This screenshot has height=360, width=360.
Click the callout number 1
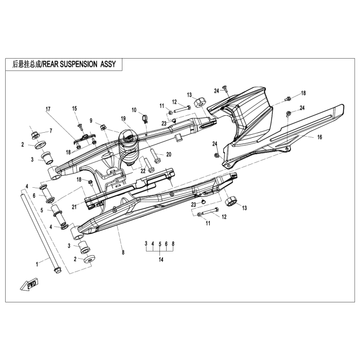click(x=37, y=264)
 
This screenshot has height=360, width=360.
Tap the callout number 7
click(x=50, y=131)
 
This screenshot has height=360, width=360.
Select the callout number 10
click(x=134, y=110)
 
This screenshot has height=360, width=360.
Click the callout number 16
click(x=319, y=138)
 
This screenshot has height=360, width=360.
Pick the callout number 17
click(x=48, y=109)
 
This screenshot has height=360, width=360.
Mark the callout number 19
click(x=123, y=118)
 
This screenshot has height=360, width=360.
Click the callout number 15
click(x=74, y=109)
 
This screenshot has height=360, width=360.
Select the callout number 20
click(x=168, y=154)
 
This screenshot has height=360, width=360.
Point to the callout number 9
click(x=91, y=121)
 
